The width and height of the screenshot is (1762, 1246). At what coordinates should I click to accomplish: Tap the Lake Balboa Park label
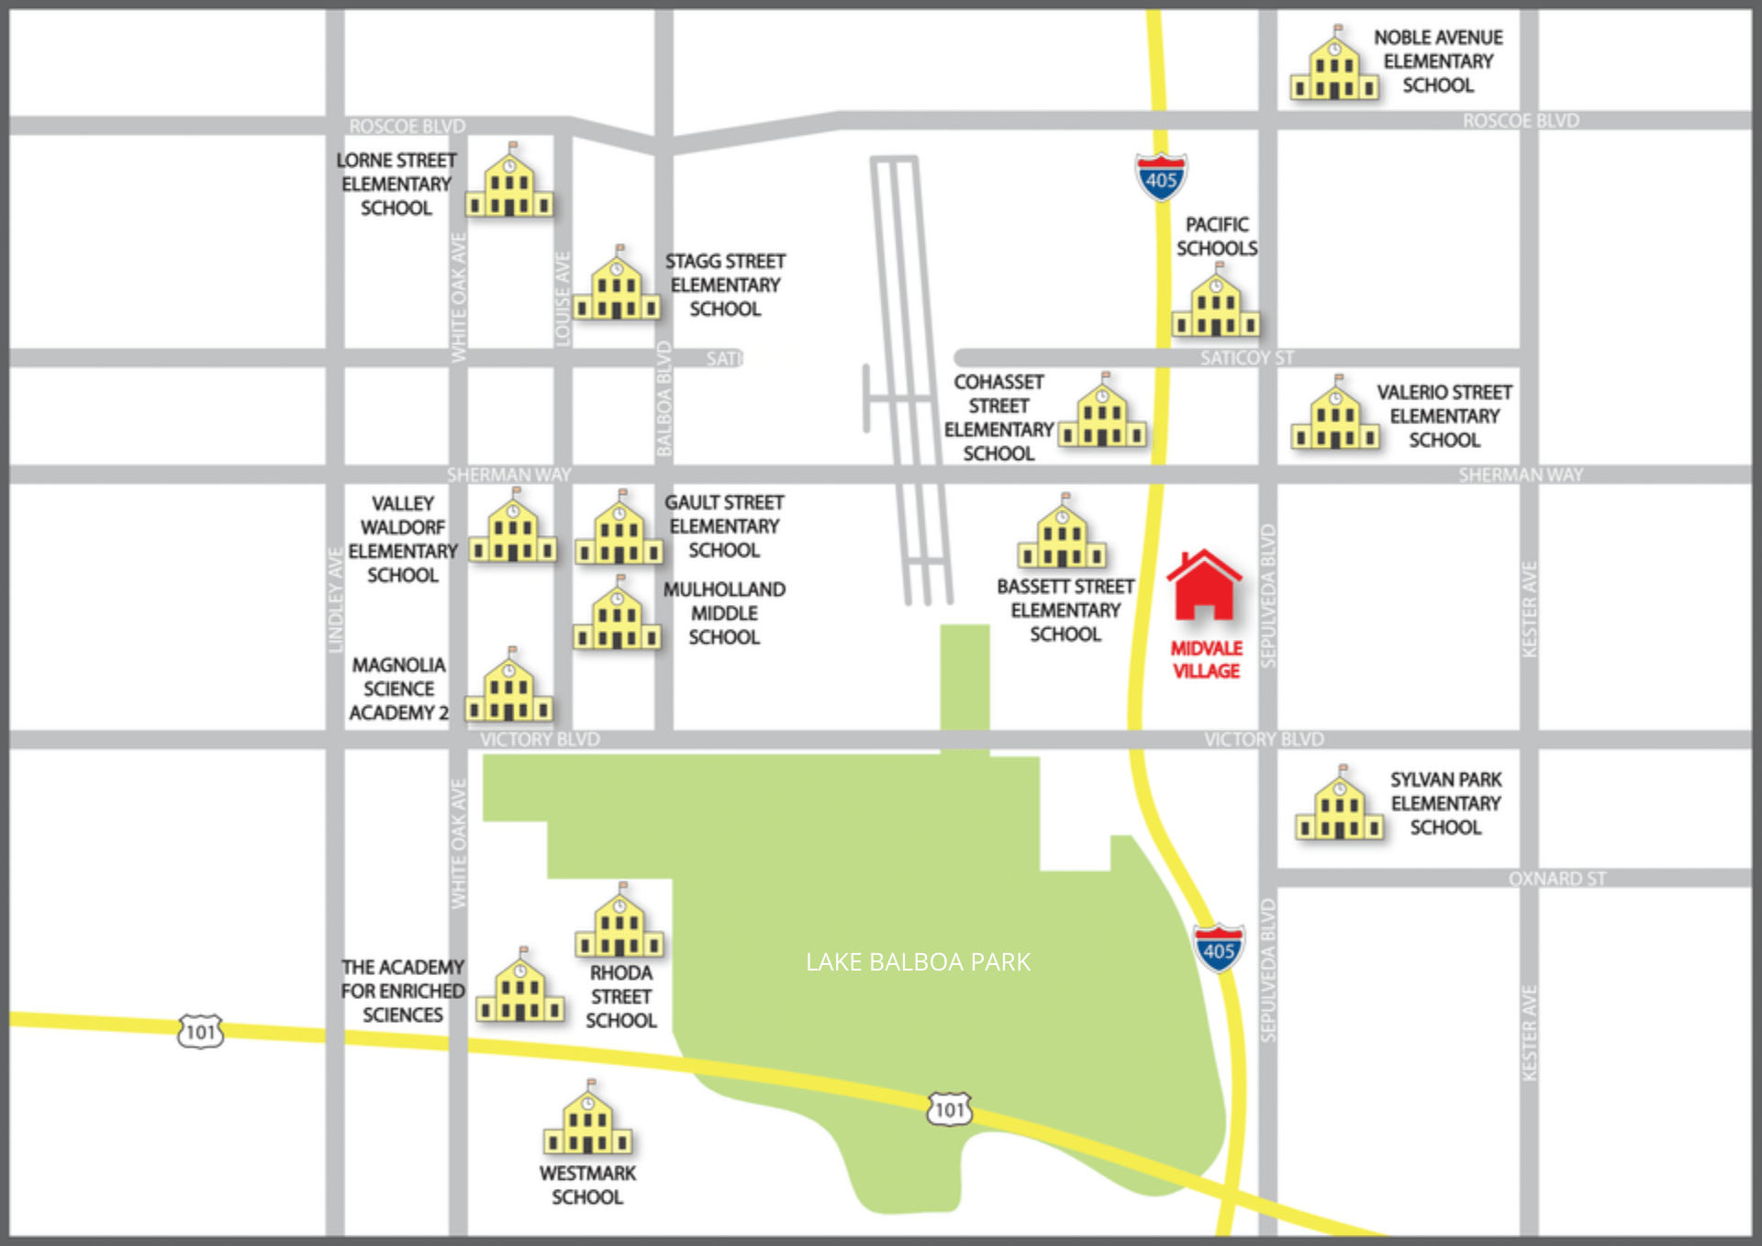pyautogui.click(x=918, y=962)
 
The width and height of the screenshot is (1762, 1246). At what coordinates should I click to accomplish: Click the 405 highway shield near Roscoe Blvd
pyautogui.click(x=1161, y=178)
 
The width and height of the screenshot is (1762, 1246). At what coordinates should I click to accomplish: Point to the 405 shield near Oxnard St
pyautogui.click(x=1219, y=949)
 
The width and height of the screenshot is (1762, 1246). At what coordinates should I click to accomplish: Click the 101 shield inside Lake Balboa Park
pyautogui.click(x=949, y=1110)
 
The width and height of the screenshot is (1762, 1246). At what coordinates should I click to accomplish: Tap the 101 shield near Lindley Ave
pyautogui.click(x=200, y=1032)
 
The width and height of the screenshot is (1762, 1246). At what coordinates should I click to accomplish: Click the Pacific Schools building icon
pyautogui.click(x=1216, y=306)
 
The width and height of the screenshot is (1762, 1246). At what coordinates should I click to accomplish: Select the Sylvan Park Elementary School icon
pyautogui.click(x=1340, y=809)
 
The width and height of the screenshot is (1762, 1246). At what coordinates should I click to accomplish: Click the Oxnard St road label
pyautogui.click(x=1557, y=879)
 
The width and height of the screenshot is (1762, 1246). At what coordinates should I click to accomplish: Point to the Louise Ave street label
pyautogui.click(x=563, y=299)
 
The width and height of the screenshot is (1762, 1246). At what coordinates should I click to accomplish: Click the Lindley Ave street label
pyautogui.click(x=336, y=600)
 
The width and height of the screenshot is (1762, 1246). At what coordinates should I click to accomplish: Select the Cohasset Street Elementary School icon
pyautogui.click(x=1102, y=416)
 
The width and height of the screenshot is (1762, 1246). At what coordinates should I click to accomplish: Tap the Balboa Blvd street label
pyautogui.click(x=664, y=398)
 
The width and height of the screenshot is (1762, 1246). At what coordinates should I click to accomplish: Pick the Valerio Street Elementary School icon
pyautogui.click(x=1335, y=418)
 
